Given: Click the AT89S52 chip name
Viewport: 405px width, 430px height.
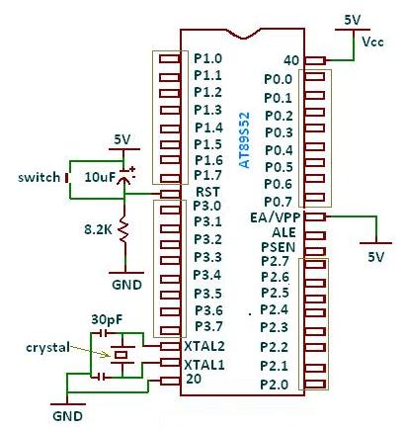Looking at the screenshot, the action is click(244, 140).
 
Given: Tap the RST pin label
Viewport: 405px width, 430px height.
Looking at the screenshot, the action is click(207, 192).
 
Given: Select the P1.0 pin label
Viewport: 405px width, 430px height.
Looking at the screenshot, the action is click(207, 58).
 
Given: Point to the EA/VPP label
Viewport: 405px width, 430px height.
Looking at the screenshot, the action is click(276, 217).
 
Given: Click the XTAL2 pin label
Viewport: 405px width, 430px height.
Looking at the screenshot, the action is click(204, 346).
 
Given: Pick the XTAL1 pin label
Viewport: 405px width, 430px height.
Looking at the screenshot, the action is click(204, 365).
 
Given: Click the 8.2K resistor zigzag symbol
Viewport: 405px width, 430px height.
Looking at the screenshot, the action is click(123, 229).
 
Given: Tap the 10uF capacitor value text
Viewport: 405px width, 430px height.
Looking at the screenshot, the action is click(100, 177).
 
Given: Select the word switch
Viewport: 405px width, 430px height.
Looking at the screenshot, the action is click(40, 177).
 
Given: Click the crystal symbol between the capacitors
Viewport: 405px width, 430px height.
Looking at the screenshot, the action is click(122, 355).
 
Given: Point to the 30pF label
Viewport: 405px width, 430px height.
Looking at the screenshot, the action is click(107, 319).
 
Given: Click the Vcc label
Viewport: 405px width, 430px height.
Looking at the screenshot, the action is click(372, 42).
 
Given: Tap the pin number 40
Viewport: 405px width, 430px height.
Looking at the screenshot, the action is click(291, 60).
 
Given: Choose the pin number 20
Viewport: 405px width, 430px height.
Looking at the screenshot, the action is click(194, 379).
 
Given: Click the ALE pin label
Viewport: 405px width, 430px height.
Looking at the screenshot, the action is click(283, 232).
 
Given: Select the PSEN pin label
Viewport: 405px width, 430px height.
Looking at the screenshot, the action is click(279, 247).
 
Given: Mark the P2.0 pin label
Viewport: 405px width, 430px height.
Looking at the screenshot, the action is click(275, 385).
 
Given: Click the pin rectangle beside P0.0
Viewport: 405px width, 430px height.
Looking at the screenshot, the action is click(315, 77).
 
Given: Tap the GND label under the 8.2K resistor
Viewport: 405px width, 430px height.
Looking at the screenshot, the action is click(126, 285).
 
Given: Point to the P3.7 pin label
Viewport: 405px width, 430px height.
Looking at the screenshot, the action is click(208, 327).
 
